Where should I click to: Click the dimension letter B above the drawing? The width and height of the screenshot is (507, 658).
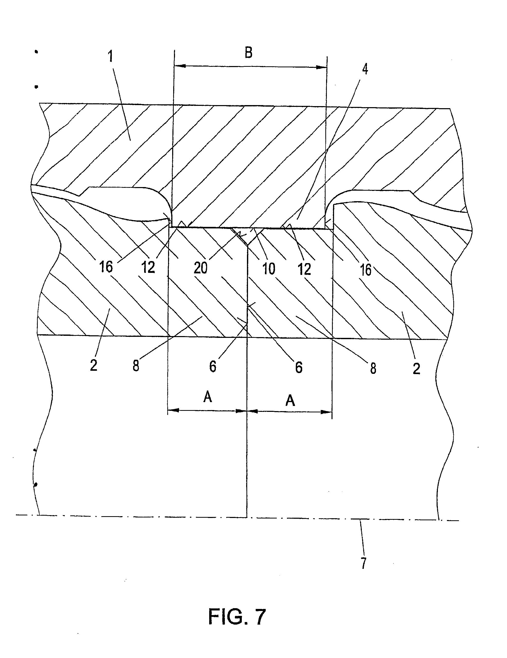pyautogui.click(x=248, y=52)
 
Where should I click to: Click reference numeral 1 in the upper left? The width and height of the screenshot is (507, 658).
pyautogui.click(x=111, y=56)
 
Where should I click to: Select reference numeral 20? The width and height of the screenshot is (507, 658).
pyautogui.click(x=201, y=267)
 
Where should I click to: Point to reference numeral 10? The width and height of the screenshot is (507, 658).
pyautogui.click(x=269, y=269)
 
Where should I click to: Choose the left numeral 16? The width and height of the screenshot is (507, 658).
pyautogui.click(x=106, y=267)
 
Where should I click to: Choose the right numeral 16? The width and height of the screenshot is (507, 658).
pyautogui.click(x=366, y=270)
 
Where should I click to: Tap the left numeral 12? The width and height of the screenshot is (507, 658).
pyautogui.click(x=148, y=267)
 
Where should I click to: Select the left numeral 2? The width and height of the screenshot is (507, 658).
pyautogui.click(x=94, y=365)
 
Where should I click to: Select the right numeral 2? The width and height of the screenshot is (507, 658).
pyautogui.click(x=416, y=368)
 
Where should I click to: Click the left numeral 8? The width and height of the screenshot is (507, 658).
pyautogui.click(x=136, y=366)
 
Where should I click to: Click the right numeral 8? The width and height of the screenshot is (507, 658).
pyautogui.click(x=373, y=368)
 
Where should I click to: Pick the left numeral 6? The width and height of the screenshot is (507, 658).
pyautogui.click(x=213, y=367)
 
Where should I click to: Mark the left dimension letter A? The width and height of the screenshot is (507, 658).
pyautogui.click(x=208, y=397)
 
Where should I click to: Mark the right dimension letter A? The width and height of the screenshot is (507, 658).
pyautogui.click(x=290, y=400)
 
